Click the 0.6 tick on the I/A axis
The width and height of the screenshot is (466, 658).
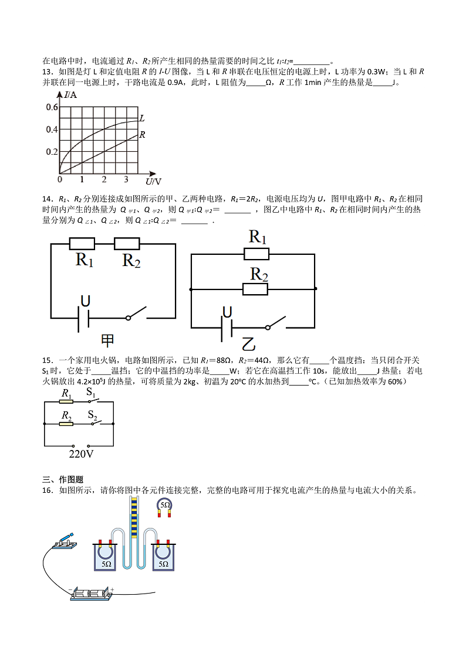pos(51,107)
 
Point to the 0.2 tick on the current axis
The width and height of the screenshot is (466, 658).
pos(51,152)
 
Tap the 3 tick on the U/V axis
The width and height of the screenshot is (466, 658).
pos(126,179)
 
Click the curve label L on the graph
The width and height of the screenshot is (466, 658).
pos(141,118)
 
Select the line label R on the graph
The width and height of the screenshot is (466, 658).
pos(141,135)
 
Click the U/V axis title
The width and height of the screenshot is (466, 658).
pos(153,181)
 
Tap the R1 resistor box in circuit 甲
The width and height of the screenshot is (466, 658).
pos(82,244)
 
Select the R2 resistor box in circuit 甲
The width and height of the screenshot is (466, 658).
pos(127,244)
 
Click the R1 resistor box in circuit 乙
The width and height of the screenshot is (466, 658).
pos(256,254)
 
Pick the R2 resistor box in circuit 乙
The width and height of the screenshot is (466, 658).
pos(255,289)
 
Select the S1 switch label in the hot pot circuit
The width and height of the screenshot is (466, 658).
pos(92,393)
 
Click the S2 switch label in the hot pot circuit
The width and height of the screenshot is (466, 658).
pos(93,415)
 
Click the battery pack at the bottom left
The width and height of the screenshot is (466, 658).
pos(91,594)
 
